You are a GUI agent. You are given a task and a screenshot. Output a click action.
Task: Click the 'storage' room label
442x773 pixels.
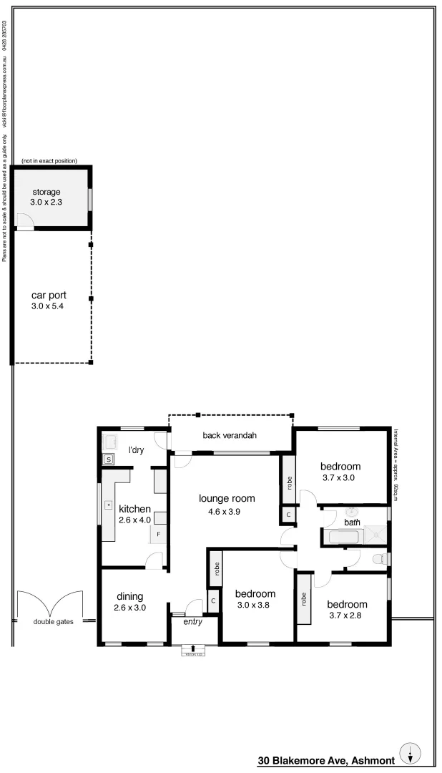pos(45,192)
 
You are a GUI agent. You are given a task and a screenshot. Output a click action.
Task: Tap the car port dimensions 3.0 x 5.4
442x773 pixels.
pos(48,306)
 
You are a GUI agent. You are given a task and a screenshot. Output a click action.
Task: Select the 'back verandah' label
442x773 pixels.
pos(229,435)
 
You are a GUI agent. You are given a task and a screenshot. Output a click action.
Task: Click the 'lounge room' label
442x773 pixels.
pos(227,499)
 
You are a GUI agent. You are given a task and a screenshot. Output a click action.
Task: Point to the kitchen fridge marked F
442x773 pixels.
pos(159,534)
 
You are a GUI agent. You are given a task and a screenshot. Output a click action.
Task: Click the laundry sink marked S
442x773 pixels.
pos(111,460)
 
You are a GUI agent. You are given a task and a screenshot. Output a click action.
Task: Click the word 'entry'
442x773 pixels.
pos(193,622)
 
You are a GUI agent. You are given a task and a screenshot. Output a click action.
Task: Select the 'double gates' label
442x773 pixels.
pos(53,621)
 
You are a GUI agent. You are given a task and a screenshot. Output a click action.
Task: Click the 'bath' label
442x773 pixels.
pos(352,522)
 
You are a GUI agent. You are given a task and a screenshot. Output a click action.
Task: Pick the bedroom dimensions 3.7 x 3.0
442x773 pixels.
pos(339,477)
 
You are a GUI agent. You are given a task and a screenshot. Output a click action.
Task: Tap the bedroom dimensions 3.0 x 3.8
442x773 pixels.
pos(255,606)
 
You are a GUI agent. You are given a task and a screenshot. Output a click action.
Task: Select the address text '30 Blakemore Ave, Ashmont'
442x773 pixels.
pos(326,760)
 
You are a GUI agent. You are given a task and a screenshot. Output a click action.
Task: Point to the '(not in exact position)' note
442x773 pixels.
pos(49,161)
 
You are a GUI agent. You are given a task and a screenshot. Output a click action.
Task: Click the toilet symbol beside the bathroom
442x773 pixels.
pos(380,558)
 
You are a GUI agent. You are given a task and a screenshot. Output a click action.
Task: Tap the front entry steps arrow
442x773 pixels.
pos(193,648)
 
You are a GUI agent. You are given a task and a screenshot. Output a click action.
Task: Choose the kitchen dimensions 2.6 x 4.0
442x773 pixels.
pos(134,520)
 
